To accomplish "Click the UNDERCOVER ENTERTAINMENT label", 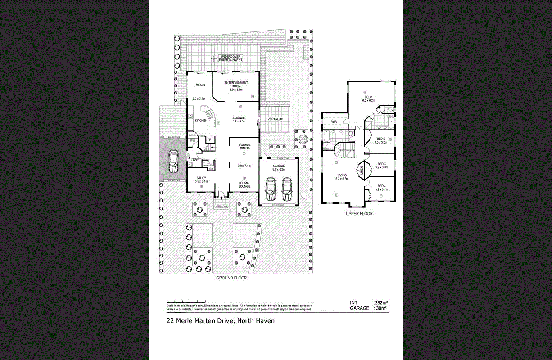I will click(x=231, y=58).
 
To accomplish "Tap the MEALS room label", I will click(x=200, y=85).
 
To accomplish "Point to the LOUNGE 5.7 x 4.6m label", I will click(x=239, y=119).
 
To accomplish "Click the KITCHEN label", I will click(x=201, y=121).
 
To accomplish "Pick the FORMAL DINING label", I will click(x=244, y=147).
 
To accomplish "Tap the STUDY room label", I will click(x=201, y=178).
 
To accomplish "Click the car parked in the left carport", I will click(x=173, y=162).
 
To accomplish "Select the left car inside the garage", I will click(x=271, y=189).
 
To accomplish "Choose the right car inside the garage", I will click(x=287, y=189).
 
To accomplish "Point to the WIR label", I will click(x=335, y=121).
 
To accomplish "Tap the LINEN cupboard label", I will click(x=362, y=171).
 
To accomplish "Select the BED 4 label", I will click(x=381, y=186).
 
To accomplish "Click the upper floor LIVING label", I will click(x=342, y=176).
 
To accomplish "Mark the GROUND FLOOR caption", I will click(x=231, y=278).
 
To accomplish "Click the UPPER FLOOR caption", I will click(x=359, y=214).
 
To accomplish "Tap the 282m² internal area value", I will click(x=381, y=302).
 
